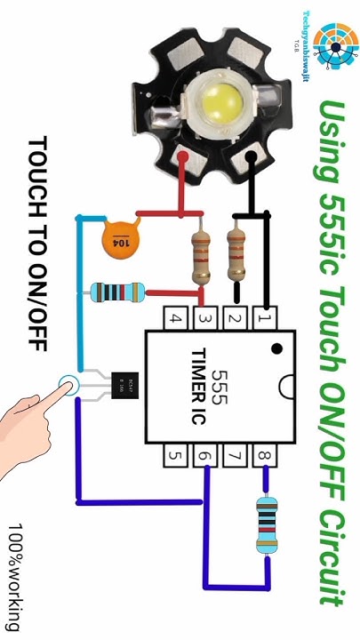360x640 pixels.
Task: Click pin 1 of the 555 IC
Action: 264,317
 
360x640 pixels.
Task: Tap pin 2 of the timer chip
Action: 235,317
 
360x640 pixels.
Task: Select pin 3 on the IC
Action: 205,317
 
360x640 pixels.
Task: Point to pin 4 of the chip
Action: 176,317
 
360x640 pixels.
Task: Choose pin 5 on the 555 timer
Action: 176,457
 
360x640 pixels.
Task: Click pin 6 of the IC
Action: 205,457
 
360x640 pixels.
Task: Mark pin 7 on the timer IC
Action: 235,457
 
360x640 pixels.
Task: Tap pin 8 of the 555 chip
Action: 264,457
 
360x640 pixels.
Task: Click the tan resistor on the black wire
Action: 236,252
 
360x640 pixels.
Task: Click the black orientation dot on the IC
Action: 277,348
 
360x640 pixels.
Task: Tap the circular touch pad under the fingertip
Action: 68,386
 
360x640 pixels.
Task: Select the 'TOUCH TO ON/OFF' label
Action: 36,243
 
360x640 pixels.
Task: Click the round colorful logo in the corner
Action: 332,44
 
